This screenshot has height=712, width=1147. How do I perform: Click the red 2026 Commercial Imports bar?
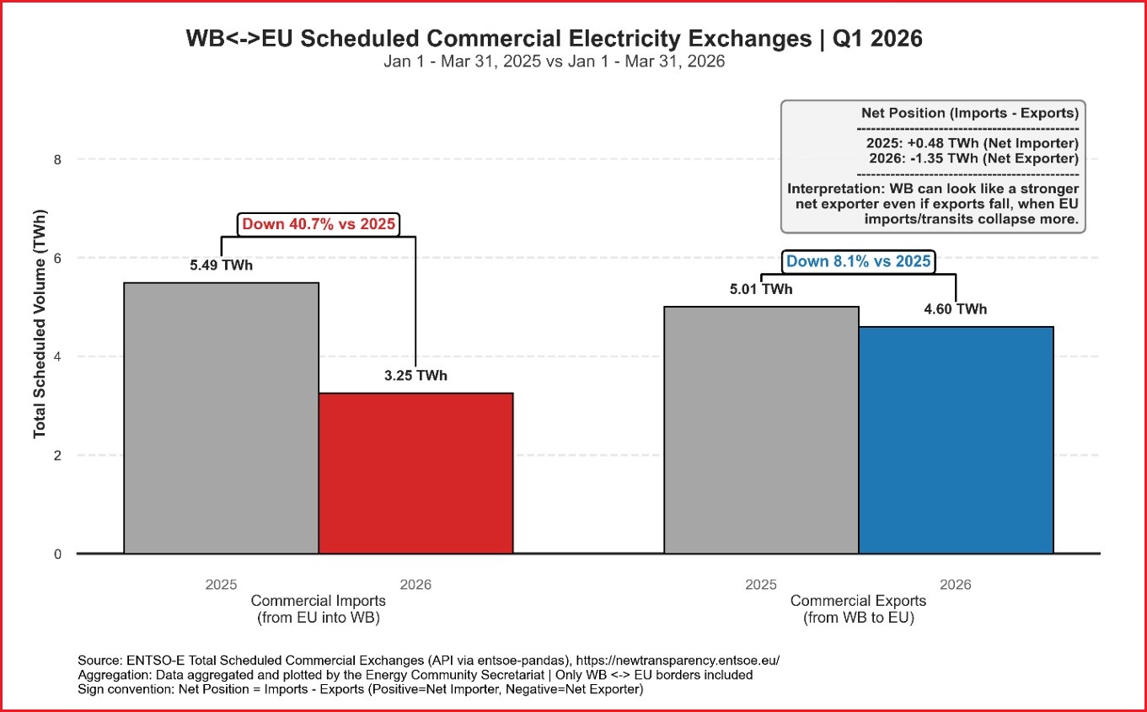pos(415,473)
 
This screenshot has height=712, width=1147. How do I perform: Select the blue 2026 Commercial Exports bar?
pos(956,440)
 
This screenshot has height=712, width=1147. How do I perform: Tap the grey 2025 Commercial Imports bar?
pos(221,418)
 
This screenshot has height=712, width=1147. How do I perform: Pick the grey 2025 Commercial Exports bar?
pos(761,430)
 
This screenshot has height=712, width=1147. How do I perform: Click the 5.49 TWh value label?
pos(221,265)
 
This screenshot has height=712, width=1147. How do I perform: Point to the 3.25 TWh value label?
pos(415,376)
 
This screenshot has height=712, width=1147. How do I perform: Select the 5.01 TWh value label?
pos(761,290)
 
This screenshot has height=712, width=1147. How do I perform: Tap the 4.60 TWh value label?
pos(955,309)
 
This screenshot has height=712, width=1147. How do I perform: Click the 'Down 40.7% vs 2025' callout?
pos(318,224)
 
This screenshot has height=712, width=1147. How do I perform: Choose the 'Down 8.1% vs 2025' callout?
pos(858,261)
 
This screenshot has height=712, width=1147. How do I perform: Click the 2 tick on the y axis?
pos(57,455)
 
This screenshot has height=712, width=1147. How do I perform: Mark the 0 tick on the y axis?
pos(57,554)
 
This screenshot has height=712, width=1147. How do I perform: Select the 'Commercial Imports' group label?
pos(318,601)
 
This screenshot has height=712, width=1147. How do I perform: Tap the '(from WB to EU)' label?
pos(858,618)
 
